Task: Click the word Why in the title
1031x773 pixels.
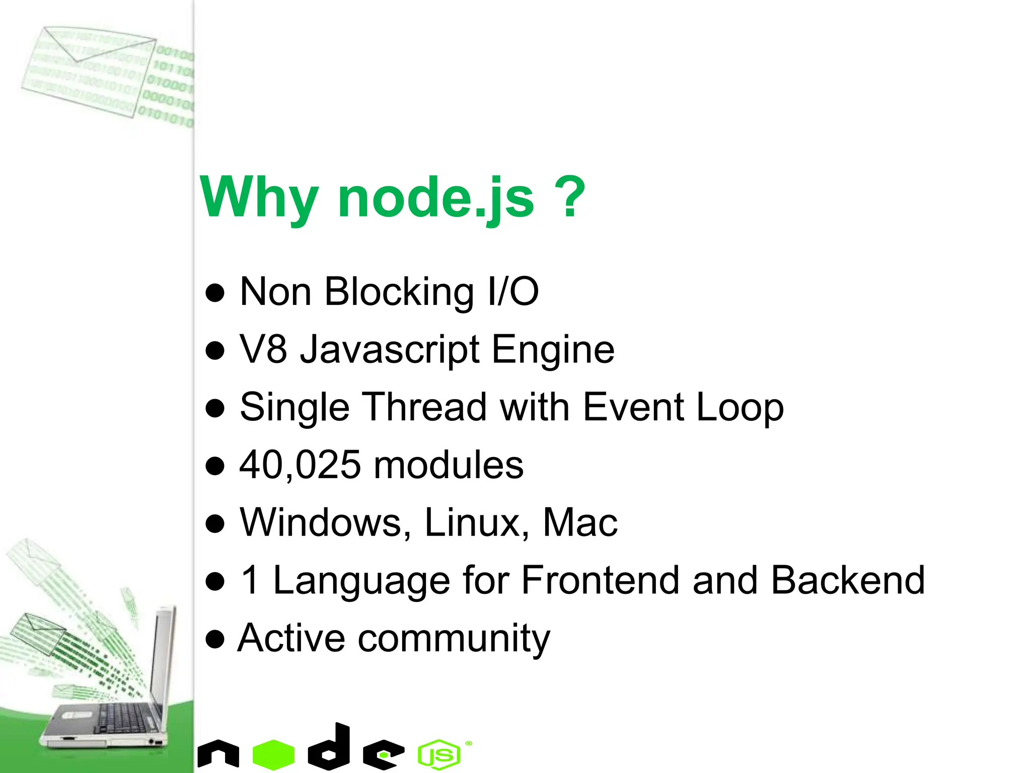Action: (260, 198)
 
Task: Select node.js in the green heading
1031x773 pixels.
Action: (436, 198)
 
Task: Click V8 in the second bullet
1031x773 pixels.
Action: (263, 349)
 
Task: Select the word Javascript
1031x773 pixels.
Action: (390, 350)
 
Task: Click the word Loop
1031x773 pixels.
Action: (740, 408)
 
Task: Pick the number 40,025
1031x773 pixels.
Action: (300, 465)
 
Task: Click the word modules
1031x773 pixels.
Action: (449, 465)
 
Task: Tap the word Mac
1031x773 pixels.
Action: (580, 522)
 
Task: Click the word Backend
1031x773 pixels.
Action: (848, 580)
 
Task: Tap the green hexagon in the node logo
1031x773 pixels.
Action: (273, 754)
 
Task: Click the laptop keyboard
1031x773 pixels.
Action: (123, 718)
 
